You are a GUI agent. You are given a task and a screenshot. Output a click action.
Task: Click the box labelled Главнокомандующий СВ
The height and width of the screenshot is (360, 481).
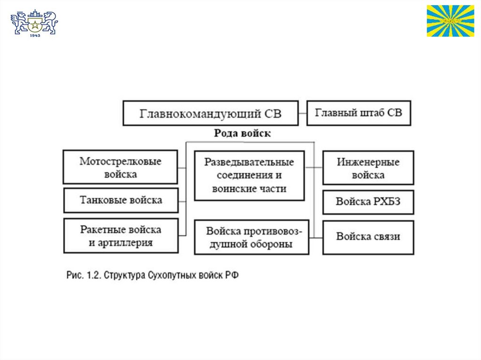pos(210,113)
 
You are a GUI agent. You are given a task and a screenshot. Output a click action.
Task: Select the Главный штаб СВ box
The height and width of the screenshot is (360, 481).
pos(358,113)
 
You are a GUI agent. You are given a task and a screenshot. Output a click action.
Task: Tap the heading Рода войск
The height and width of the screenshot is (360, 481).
pos(242,133)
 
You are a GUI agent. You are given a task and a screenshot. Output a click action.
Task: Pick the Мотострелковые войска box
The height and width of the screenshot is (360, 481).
pos(120,167)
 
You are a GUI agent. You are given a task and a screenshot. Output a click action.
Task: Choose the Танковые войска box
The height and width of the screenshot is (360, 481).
pos(120,200)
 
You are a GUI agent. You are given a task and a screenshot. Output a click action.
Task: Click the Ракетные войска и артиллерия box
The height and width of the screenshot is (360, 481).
pos(120,236)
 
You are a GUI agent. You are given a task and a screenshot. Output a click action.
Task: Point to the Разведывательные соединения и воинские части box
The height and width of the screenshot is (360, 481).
pos(249,176)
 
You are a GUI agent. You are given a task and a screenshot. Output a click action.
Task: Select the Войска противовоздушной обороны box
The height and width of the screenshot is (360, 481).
pos(251,237)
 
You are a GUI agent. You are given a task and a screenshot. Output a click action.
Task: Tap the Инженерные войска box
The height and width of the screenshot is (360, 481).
pos(368,168)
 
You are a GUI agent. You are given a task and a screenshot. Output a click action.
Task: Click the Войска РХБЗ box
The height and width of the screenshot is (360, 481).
pos(368,202)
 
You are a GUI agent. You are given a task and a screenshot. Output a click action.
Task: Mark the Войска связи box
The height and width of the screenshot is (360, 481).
pos(368,237)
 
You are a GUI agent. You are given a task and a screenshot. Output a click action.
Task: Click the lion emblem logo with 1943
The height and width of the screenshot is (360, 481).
pos(34,23)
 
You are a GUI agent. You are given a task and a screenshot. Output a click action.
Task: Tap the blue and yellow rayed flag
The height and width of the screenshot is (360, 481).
pos(450,21)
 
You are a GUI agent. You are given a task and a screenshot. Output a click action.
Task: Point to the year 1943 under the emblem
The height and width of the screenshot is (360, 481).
pos(34,35)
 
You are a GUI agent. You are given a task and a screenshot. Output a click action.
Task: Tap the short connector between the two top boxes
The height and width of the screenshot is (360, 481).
pos(303,113)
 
